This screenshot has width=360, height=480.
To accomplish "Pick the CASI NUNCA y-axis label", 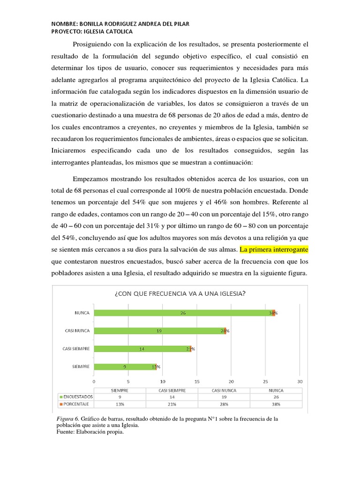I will [77, 331].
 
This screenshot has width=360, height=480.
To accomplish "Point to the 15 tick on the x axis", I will [197, 381].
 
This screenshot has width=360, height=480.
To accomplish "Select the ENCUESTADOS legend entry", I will [76, 397].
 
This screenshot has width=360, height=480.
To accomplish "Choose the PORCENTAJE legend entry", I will [76, 404].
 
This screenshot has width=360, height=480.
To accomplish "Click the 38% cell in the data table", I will [277, 404].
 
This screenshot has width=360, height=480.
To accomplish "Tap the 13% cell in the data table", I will [120, 404].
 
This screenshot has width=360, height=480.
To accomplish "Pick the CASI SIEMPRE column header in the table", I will [172, 390].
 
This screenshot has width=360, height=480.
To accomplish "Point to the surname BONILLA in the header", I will [97, 24].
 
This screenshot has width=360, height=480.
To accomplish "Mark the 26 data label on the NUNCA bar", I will [183, 313].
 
